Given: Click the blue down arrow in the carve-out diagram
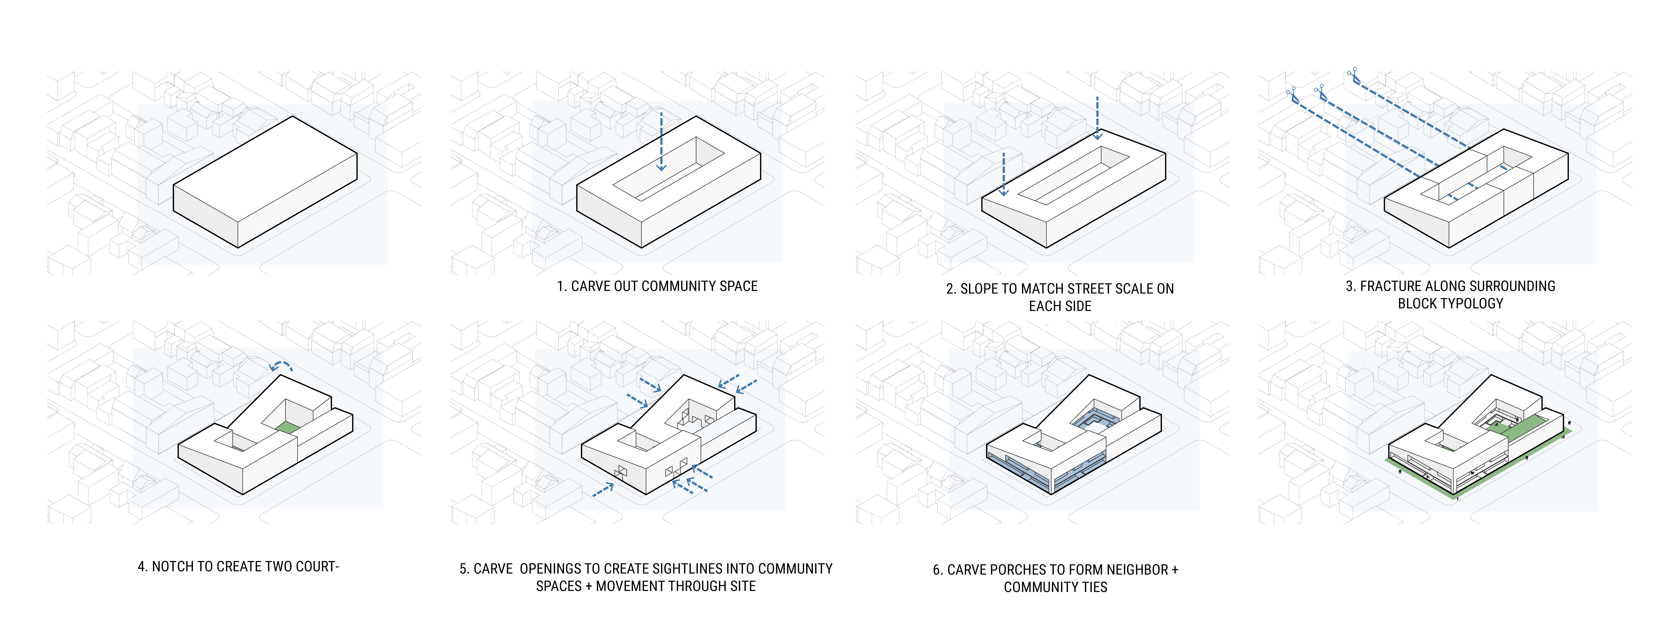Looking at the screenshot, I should click(661, 143).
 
